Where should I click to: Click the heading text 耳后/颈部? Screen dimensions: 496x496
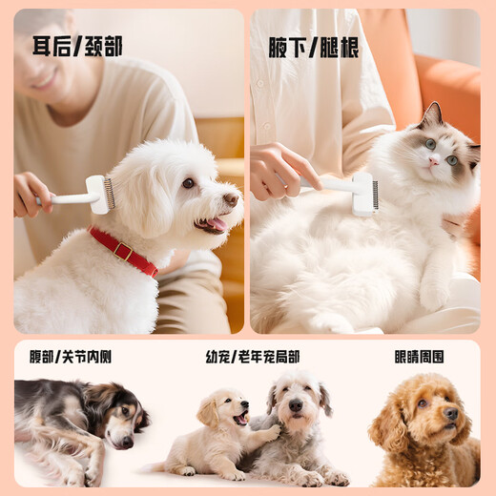77,46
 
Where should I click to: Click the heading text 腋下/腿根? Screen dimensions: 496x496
313,48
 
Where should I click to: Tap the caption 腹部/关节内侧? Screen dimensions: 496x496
70,356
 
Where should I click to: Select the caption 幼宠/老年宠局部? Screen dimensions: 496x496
253,356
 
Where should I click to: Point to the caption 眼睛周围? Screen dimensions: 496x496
420,356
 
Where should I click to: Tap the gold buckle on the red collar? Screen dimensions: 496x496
122,251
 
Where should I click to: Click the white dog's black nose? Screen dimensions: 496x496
231,199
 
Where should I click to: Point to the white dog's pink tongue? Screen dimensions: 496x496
217,225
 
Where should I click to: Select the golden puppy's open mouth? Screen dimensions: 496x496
240,419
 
